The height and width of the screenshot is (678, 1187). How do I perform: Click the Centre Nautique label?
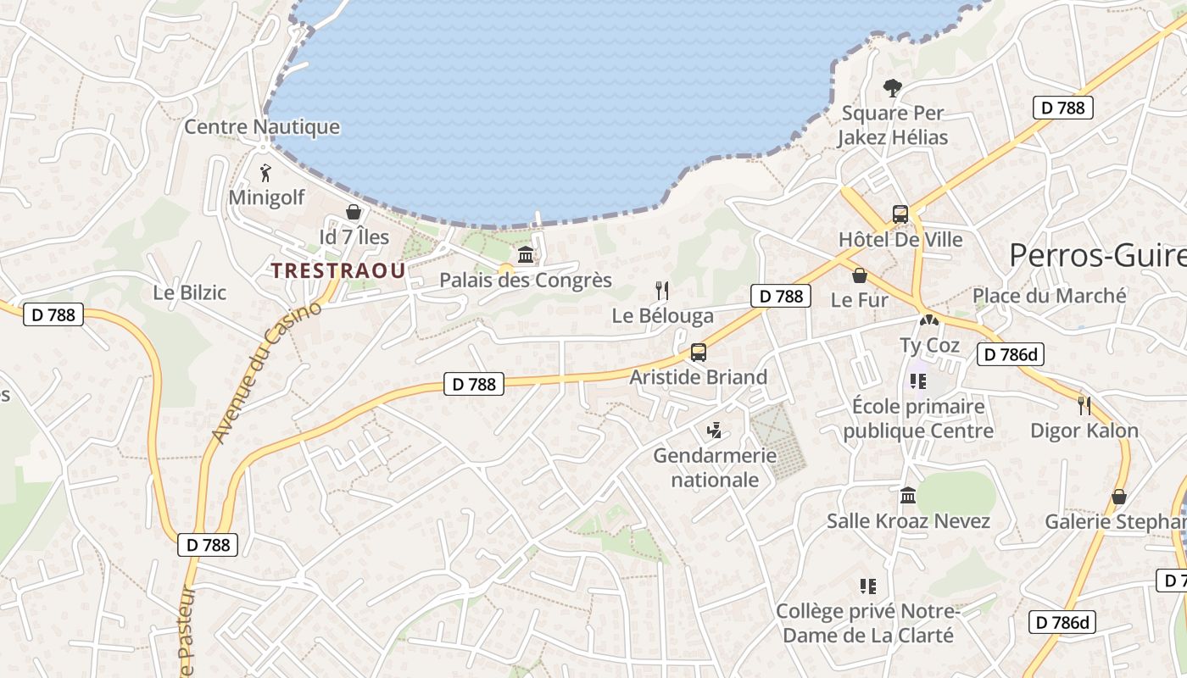coord(262,127)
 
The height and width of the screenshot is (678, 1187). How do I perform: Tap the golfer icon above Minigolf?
coord(266,173)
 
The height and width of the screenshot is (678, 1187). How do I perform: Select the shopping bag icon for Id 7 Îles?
coord(354,212)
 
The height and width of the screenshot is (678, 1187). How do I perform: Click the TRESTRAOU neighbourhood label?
coord(337,270)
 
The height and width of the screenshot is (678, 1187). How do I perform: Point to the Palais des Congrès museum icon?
coord(526,254)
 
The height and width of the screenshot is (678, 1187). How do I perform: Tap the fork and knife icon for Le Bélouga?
coord(662,291)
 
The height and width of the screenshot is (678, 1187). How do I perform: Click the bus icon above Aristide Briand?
coord(699,353)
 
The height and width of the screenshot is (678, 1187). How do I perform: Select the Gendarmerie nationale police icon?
coord(715,431)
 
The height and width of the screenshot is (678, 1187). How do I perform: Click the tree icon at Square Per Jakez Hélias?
coord(892,86)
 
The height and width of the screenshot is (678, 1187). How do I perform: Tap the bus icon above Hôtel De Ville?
coord(900,214)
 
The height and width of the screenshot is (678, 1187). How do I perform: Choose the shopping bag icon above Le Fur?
coord(860,275)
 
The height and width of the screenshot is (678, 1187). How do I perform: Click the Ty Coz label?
coord(929,345)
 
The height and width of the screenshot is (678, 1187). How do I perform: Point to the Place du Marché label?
coord(1049,296)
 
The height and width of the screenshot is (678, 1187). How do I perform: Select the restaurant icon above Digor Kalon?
coord(1084,405)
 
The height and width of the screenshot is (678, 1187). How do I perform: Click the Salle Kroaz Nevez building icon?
coord(908,495)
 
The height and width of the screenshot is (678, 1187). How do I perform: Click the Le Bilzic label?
coord(190,292)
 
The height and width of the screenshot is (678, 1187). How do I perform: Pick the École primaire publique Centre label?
coord(918,418)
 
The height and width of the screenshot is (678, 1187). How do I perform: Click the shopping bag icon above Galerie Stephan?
coord(1119,497)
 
